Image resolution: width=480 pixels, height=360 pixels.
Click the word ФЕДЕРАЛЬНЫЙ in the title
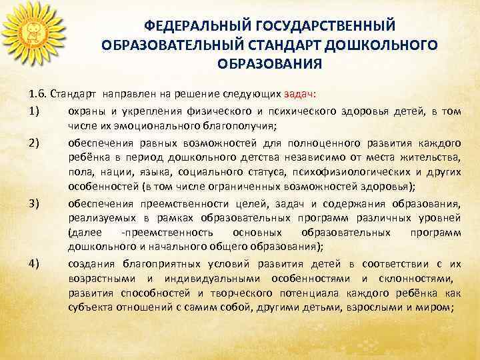click(x=192, y=26)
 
